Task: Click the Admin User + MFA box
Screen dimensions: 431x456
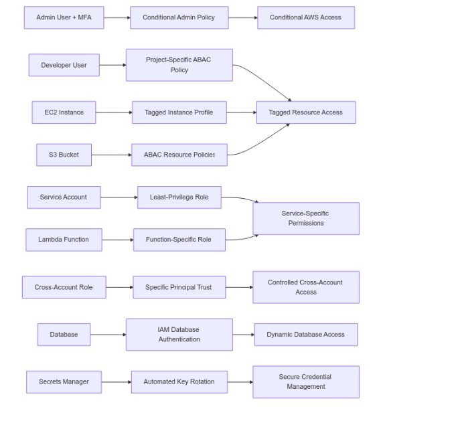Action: click(64, 17)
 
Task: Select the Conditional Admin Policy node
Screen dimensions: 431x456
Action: click(179, 17)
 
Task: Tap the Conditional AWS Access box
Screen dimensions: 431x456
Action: click(305, 17)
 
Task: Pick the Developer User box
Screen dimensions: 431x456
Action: click(64, 65)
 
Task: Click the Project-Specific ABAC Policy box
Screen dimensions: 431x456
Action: click(179, 65)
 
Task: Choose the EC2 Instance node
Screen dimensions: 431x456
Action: click(64, 112)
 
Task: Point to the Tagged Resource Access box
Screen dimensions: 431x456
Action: click(305, 112)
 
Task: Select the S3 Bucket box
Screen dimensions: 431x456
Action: click(64, 155)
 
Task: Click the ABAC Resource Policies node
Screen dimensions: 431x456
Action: click(179, 155)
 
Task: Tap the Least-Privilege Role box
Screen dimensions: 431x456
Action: click(179, 197)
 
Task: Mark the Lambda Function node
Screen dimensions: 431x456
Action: click(64, 240)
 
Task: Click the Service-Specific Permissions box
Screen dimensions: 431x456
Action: click(305, 218)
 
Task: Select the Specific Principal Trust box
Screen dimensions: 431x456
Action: click(179, 287)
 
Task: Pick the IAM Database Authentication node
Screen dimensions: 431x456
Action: click(179, 335)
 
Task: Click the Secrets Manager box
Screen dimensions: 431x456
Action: click(64, 382)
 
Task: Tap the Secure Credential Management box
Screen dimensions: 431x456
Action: click(305, 382)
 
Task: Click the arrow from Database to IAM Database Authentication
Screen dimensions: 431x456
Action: click(108, 335)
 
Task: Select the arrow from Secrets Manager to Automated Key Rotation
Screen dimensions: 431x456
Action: click(117, 382)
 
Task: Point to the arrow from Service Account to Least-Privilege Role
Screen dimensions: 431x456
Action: click(119, 197)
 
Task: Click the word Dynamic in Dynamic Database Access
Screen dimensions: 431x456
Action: click(280, 335)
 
